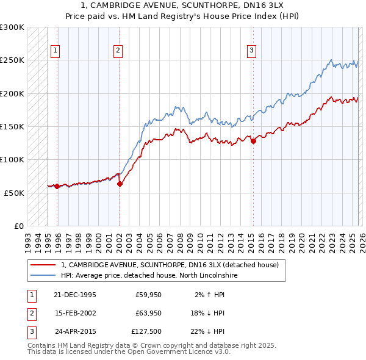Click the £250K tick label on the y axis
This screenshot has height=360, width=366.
click(12, 60)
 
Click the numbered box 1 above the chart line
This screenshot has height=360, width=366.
click(55, 51)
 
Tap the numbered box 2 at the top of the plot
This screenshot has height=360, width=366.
click(118, 51)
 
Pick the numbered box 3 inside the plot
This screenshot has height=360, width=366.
click(251, 51)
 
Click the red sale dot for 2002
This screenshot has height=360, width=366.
click(120, 184)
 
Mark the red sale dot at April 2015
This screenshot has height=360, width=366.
click(253, 142)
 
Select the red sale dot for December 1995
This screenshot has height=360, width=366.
click(57, 186)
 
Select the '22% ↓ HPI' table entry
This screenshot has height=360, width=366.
click(207, 331)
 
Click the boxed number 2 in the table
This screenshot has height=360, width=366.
click(31, 313)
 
